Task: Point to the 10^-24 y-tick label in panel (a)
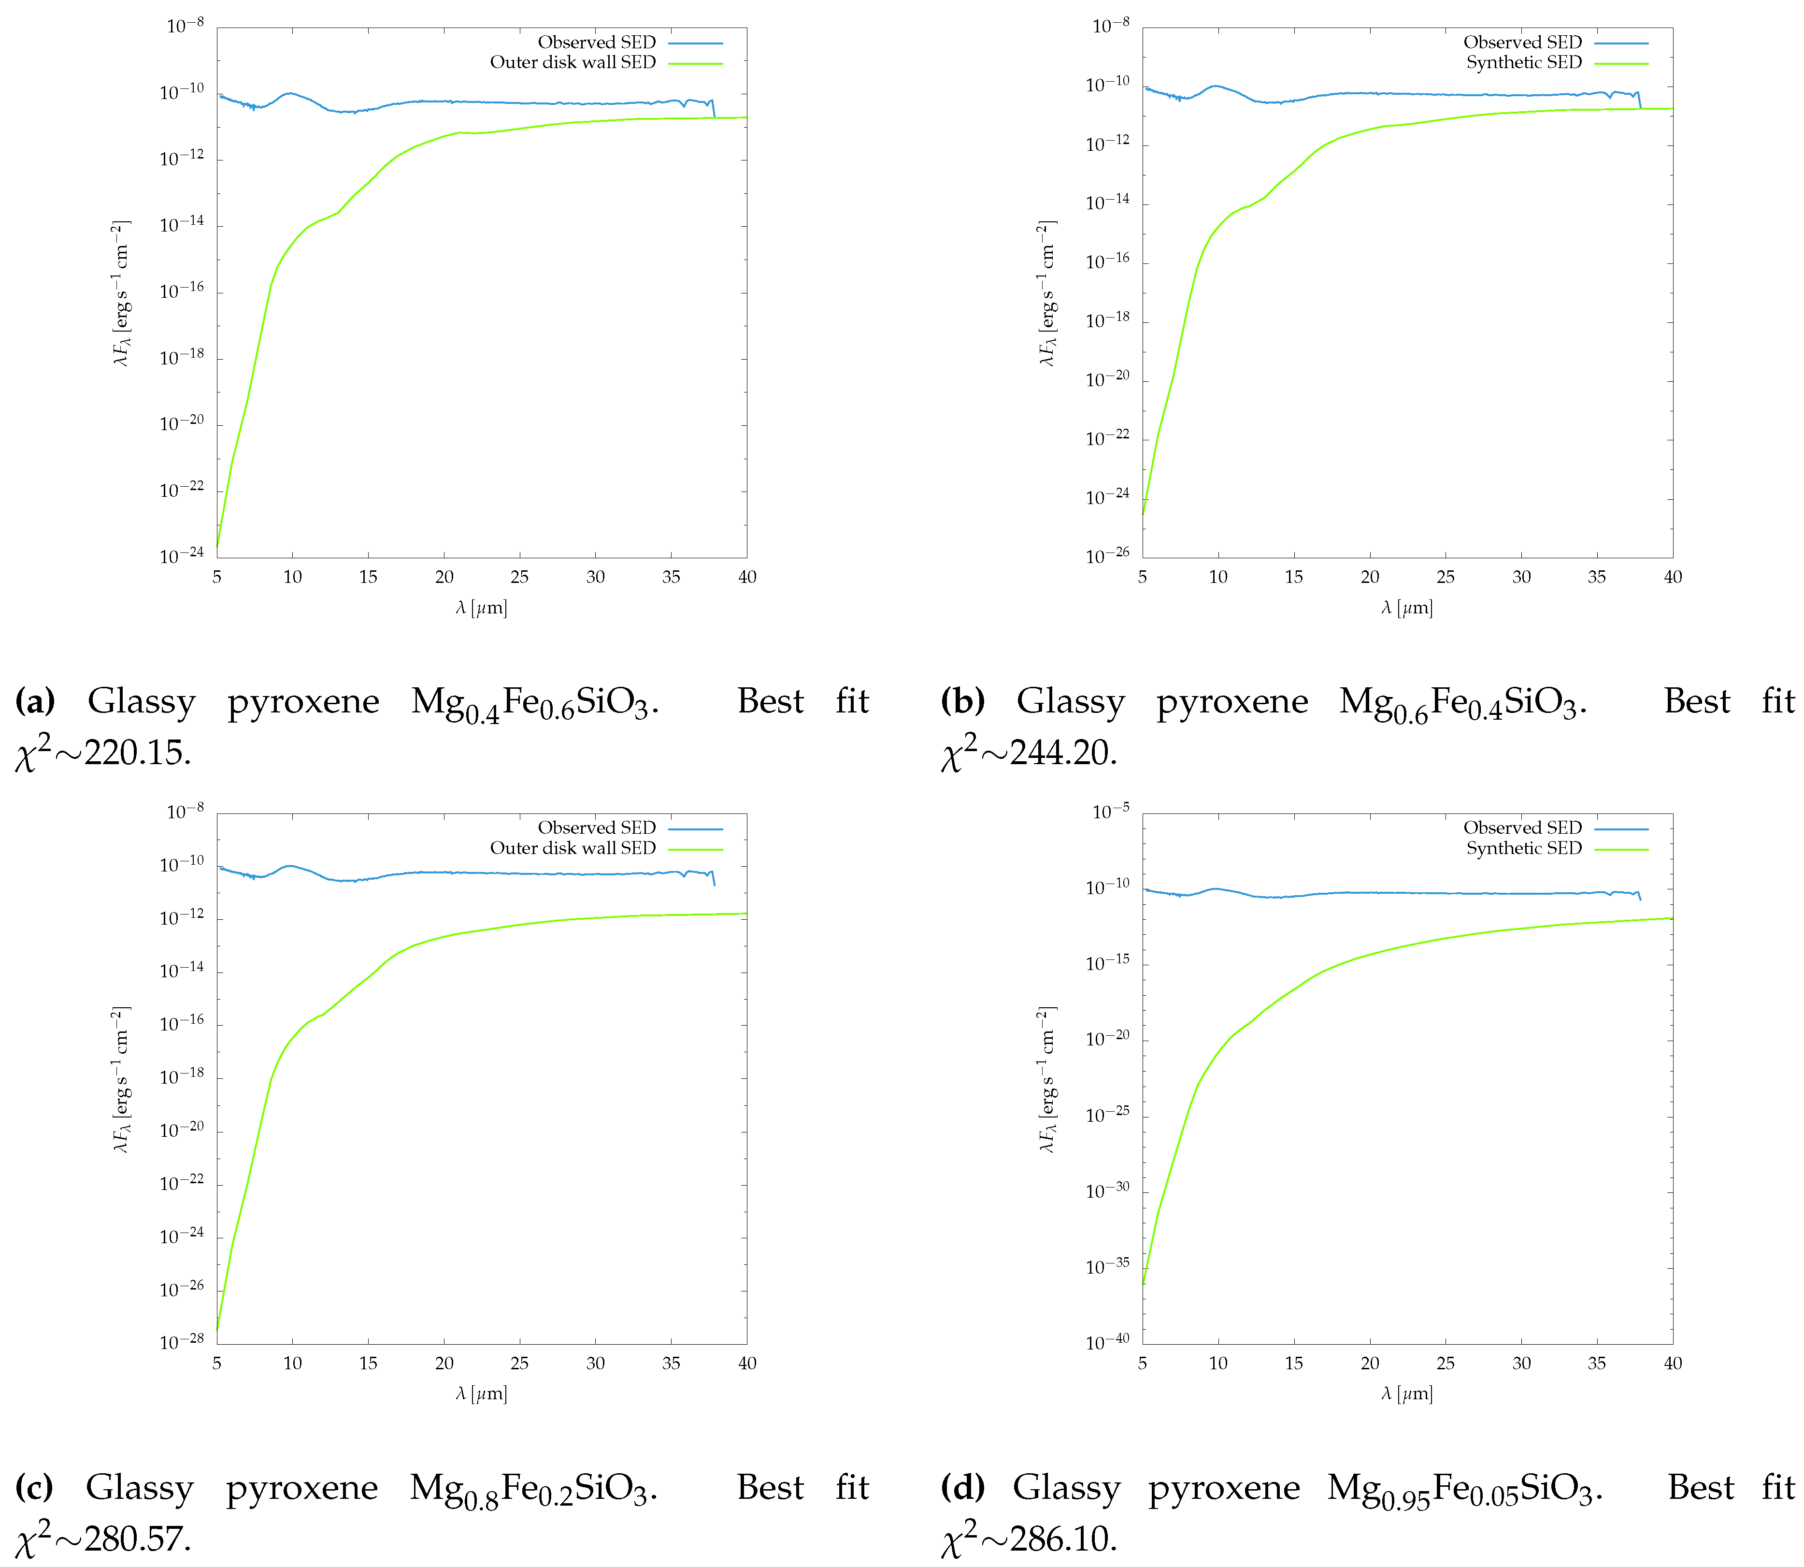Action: (182, 555)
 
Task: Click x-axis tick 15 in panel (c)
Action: (368, 1363)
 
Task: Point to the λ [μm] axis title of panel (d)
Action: (1407, 1393)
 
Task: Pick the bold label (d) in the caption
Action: (962, 1487)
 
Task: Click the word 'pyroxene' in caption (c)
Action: (301, 1487)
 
